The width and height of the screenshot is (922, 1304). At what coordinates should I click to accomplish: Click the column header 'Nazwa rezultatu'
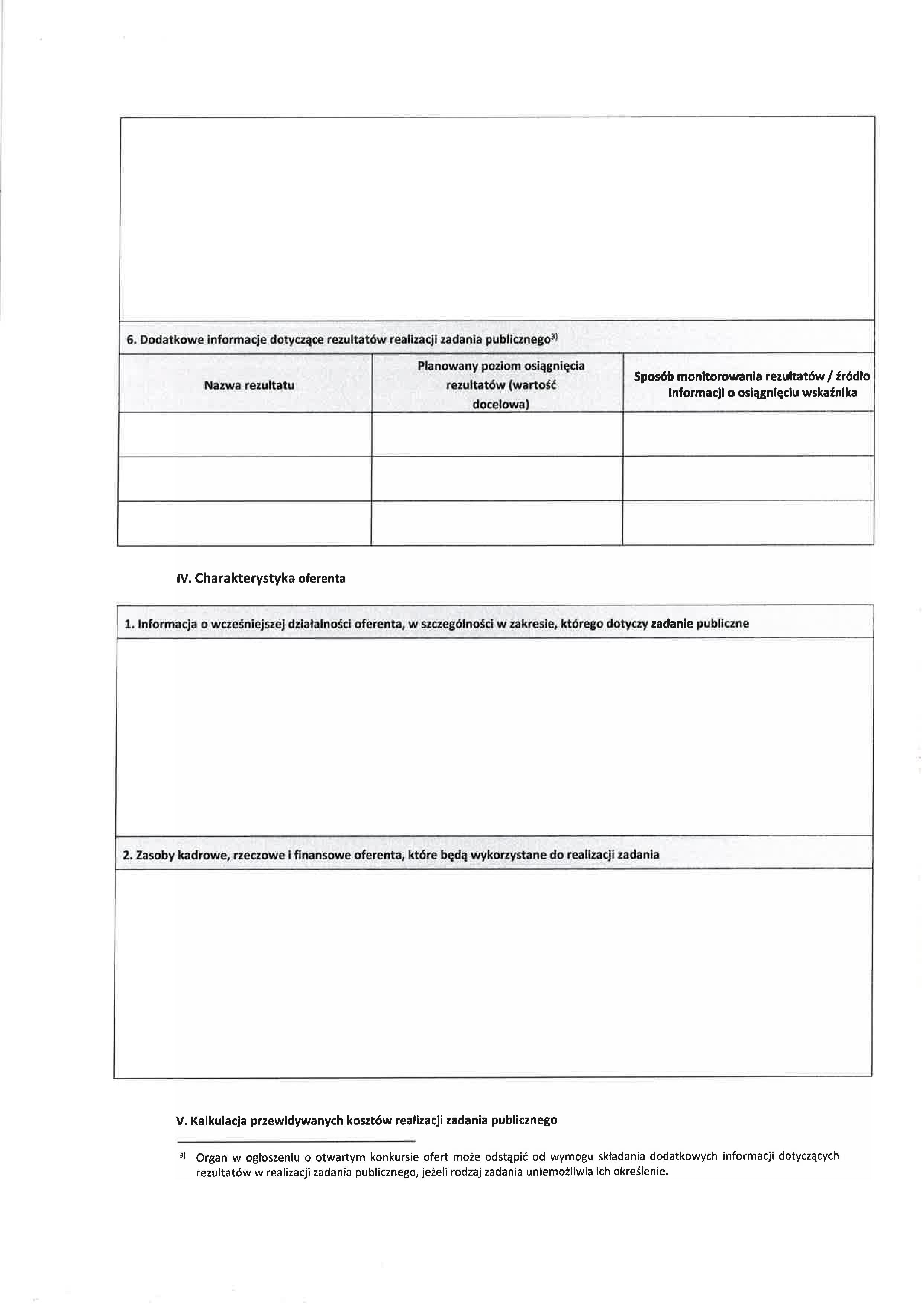pyautogui.click(x=249, y=385)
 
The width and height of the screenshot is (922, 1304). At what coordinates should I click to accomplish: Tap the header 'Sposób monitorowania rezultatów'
pyautogui.click(x=751, y=377)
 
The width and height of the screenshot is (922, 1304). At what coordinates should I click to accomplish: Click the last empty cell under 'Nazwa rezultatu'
pyautogui.click(x=245, y=523)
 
